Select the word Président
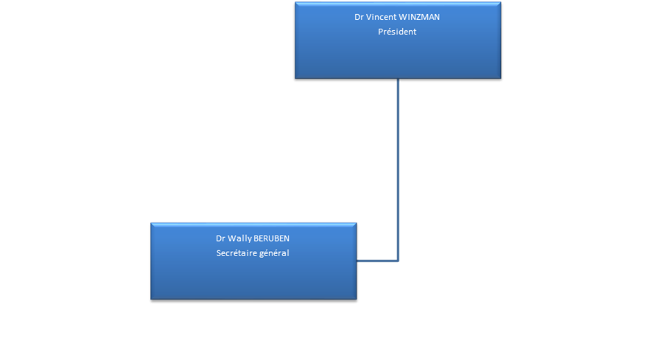(x=397, y=32)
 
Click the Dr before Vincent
(x=359, y=17)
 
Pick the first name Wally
(x=239, y=239)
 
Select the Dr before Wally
(x=220, y=239)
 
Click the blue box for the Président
(x=398, y=55)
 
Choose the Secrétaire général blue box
(x=253, y=276)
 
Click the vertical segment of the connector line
(x=398, y=169)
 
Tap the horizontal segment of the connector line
(x=378, y=261)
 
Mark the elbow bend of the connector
(x=398, y=261)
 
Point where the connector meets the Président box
(x=398, y=80)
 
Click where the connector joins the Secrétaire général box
(x=358, y=261)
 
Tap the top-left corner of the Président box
(x=295, y=3)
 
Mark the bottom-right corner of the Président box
(x=502, y=79)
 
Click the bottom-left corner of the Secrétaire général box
(x=150, y=300)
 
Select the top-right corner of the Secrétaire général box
(x=357, y=224)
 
